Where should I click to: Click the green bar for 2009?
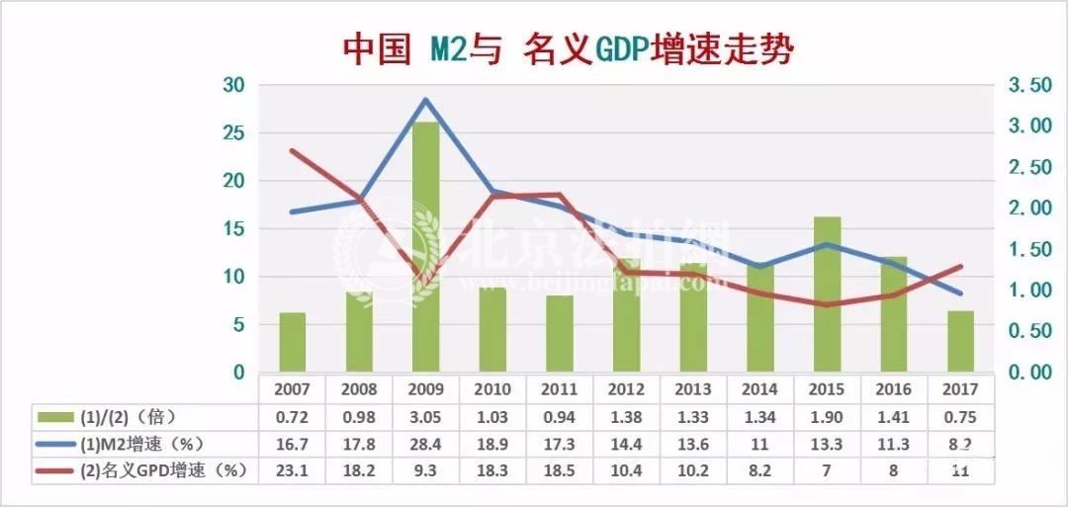425,247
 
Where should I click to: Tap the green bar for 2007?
292,342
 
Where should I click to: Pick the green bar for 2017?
960,341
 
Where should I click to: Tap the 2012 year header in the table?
626,387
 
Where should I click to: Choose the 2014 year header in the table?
759,387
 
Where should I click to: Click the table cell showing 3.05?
425,416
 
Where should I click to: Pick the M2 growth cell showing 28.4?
425,444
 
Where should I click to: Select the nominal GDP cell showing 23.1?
292,471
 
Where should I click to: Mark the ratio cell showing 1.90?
827,416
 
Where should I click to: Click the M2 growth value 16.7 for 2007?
292,444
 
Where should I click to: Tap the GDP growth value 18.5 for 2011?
559,471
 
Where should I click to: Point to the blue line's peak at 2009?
425,100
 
